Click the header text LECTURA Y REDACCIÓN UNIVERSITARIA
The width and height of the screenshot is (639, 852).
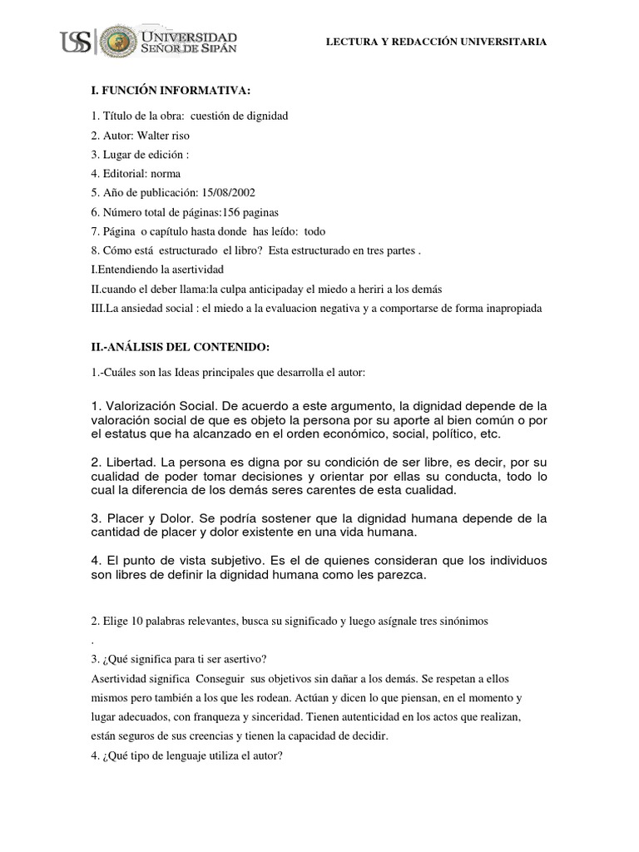pyautogui.click(x=436, y=42)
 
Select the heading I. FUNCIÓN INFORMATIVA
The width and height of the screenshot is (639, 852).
pyautogui.click(x=157, y=90)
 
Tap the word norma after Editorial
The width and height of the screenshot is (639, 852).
pyautogui.click(x=163, y=173)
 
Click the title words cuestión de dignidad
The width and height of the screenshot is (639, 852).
pyautogui.click(x=240, y=116)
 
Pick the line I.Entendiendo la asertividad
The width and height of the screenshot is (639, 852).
pyautogui.click(x=156, y=269)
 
